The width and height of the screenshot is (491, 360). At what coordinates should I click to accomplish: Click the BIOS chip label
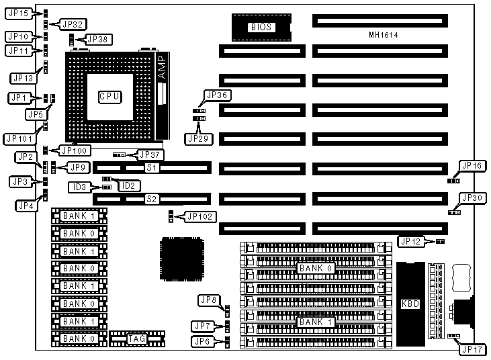click(x=262, y=28)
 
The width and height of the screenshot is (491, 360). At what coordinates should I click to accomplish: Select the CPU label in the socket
click(x=109, y=97)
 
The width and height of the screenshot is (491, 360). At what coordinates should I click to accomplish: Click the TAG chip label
click(x=136, y=339)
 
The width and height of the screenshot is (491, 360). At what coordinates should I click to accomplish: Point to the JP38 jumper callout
click(x=96, y=39)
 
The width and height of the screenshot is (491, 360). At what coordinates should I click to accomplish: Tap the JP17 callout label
click(x=470, y=349)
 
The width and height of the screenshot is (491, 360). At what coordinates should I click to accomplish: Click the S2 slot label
click(x=151, y=199)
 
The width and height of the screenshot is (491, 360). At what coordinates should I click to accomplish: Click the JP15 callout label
click(x=18, y=13)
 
